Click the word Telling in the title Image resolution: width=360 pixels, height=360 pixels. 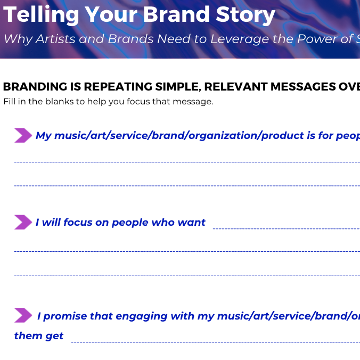coord(41,15)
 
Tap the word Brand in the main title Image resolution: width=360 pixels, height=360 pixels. coord(176,14)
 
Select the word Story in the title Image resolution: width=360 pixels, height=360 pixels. coord(246,15)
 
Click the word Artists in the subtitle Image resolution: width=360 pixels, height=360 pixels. coord(55,38)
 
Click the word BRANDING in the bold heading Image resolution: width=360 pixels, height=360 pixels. coord(35,87)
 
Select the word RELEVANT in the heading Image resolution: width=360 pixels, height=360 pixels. coord(236,87)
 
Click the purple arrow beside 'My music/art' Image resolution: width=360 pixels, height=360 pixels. coord(23,135)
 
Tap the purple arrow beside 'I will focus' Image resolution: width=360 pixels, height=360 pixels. coord(23,222)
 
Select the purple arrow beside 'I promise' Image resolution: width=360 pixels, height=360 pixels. coord(23,315)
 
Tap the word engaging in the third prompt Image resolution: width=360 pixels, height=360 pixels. coord(142,316)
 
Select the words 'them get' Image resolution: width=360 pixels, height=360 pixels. coord(38,336)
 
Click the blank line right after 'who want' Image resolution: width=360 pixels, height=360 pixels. coord(287,228)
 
